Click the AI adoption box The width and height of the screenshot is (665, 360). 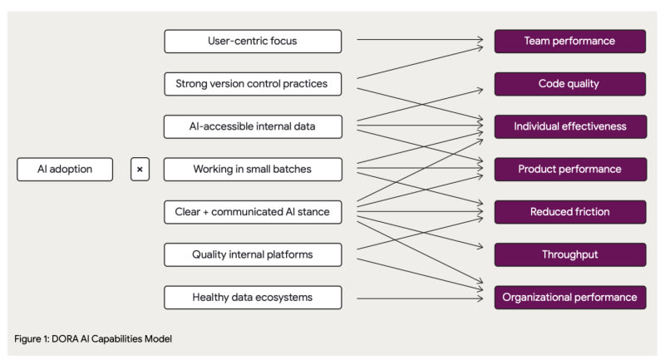point(65,169)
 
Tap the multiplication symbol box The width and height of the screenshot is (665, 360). point(140,169)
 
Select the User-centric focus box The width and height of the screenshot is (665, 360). point(253,41)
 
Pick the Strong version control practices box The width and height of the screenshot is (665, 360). point(253,84)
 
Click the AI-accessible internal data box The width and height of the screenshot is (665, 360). point(253,126)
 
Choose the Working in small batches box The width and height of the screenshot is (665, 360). point(253,169)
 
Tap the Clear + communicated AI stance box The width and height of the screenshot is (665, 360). point(253,212)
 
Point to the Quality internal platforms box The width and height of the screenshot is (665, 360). point(253,255)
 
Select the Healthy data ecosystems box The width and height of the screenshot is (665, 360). point(253,298)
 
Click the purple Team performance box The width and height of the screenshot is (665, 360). point(570,41)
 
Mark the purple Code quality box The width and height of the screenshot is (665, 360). point(570,84)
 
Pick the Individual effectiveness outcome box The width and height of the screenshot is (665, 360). point(570,126)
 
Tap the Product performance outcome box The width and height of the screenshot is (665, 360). point(570,169)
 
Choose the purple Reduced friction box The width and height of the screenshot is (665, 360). point(570,212)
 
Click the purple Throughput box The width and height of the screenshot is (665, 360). point(570,255)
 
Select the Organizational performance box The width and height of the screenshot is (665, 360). point(570,298)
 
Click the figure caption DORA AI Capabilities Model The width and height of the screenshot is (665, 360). point(112,338)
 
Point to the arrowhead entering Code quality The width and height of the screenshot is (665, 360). point(480,90)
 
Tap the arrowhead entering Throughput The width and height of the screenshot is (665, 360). point(480,246)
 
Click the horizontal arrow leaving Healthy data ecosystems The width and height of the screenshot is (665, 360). point(420,298)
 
